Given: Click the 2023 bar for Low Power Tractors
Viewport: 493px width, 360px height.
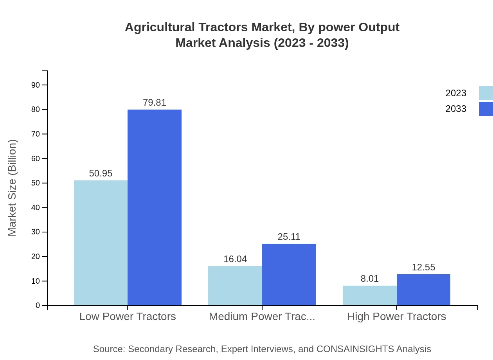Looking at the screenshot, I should point(101,243).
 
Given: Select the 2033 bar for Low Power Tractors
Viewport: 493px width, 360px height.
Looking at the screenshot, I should point(155,207).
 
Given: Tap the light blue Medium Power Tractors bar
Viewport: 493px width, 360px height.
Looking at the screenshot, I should point(235,286).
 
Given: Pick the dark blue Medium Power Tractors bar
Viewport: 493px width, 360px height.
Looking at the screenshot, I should point(289,274).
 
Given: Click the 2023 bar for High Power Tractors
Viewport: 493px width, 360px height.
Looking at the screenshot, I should point(369,295).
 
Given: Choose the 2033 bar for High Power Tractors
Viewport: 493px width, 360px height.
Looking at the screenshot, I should point(423,290).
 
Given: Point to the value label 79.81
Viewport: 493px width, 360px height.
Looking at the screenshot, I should point(155,103).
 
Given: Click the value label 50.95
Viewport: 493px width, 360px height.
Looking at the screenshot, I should point(101,173).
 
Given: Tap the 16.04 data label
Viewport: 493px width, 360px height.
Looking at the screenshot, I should point(235,259).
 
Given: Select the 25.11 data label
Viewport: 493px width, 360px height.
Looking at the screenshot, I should point(289,237).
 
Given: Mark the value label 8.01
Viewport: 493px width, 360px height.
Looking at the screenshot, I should point(370,279).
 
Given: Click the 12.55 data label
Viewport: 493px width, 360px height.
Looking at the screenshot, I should point(423,267).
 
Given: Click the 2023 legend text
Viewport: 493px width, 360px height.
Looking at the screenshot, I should point(456,93).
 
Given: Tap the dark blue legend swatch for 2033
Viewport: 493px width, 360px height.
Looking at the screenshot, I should point(486,109).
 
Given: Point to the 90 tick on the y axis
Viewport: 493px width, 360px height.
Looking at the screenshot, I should point(36,85).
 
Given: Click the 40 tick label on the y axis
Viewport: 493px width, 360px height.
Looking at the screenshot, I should point(36,207).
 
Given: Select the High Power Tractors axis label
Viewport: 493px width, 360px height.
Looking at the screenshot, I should point(396,317).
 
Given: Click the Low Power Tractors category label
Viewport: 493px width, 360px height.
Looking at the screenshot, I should point(128,317).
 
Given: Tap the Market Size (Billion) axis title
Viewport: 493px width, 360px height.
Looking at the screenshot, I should point(12,188).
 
